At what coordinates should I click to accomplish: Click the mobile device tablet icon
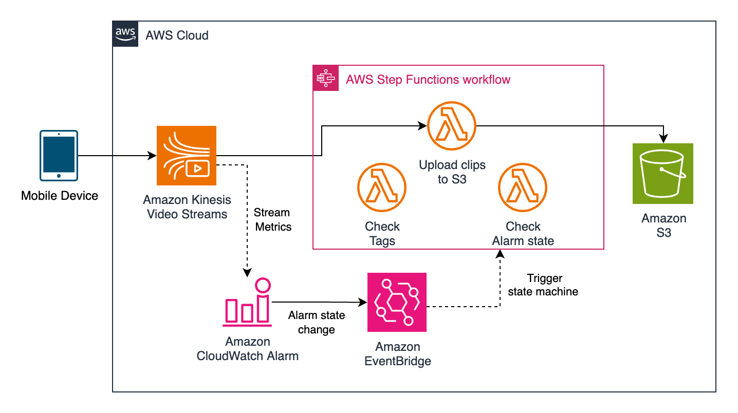[x=59, y=155]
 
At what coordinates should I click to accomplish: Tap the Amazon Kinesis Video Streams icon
[x=187, y=156]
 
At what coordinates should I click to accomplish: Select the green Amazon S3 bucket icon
[x=663, y=174]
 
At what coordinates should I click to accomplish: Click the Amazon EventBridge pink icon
[x=397, y=303]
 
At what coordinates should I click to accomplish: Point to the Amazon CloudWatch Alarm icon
[x=248, y=303]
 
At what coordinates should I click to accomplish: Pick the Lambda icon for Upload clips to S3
[x=452, y=126]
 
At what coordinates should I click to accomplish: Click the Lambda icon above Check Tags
[x=382, y=188]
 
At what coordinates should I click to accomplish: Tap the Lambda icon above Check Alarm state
[x=523, y=188]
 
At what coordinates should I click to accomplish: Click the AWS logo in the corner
[x=125, y=34]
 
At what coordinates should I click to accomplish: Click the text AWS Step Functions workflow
[x=428, y=80]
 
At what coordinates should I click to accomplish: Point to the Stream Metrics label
[x=272, y=219]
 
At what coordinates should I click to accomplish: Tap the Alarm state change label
[x=316, y=322]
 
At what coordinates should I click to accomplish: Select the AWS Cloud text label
[x=177, y=35]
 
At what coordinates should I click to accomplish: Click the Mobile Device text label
[x=59, y=196]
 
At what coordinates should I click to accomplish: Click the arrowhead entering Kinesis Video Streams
[x=153, y=155]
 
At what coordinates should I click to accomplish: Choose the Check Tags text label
[x=382, y=233]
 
